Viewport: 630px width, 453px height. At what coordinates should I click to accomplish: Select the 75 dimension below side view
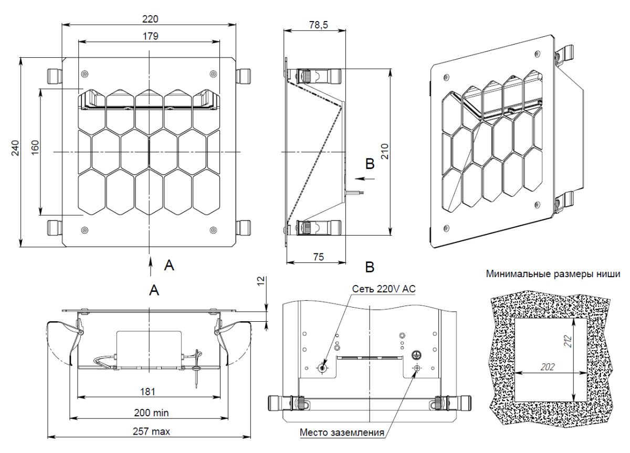coord(317,257)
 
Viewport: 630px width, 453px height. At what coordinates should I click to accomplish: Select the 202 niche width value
coord(547,366)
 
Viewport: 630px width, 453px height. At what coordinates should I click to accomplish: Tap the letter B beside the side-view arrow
coord(370,164)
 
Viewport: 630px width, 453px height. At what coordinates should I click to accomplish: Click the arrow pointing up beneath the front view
coord(151,263)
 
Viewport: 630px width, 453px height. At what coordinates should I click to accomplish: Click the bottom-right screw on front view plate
coord(213,229)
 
